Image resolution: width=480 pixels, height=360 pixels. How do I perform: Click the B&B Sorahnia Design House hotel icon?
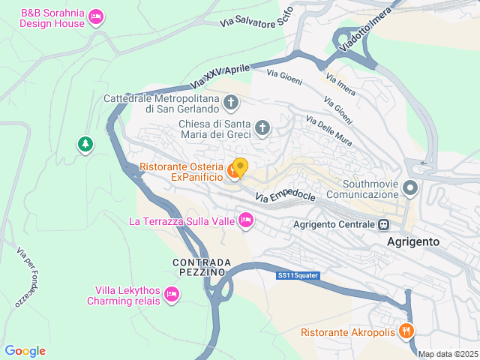pyautogui.click(x=95, y=16)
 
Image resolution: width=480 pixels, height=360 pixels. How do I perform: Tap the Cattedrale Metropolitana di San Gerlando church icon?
pyautogui.click(x=232, y=102)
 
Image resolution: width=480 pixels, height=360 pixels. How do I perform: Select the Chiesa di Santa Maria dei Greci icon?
pyautogui.click(x=262, y=127)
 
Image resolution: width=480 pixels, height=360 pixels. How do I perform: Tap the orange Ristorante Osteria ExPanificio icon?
pyautogui.click(x=233, y=172)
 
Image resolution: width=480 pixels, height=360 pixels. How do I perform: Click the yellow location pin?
pyautogui.click(x=240, y=166)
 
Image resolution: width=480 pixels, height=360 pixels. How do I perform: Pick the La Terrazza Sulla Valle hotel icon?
pyautogui.click(x=245, y=220)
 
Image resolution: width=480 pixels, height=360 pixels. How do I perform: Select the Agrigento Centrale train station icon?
pyautogui.click(x=383, y=224)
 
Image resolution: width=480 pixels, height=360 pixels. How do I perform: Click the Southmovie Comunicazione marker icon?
pyautogui.click(x=410, y=187)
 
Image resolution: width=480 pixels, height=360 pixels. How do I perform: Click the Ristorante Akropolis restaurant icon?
pyautogui.click(x=406, y=330)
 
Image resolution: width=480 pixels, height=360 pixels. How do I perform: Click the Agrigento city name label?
pyautogui.click(x=413, y=242)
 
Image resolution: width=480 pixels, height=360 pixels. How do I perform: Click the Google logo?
pyautogui.click(x=25, y=351)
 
